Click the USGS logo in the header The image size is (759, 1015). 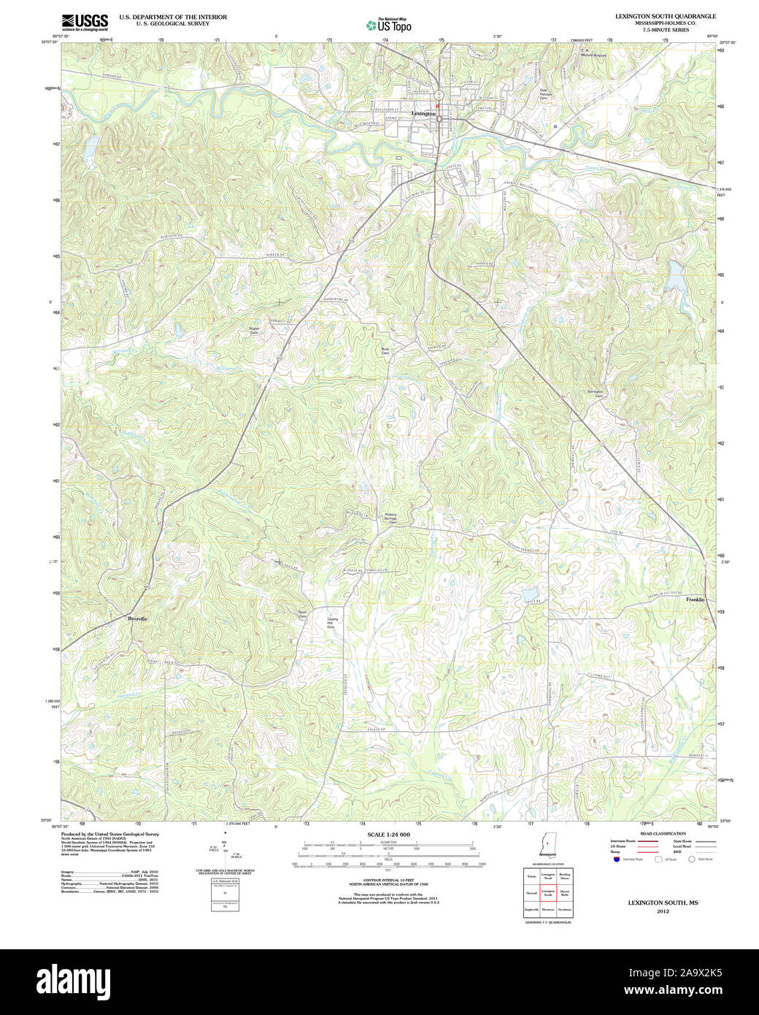[x=85, y=22]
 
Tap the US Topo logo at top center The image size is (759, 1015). [x=388, y=26]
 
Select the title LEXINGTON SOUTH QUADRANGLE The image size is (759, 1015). [x=665, y=16]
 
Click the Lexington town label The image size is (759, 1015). [x=423, y=114]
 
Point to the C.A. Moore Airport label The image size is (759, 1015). [x=593, y=53]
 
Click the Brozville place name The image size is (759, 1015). [x=137, y=618]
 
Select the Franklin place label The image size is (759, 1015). [x=695, y=600]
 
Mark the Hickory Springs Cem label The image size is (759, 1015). [x=391, y=518]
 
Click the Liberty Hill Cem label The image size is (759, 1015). [x=331, y=623]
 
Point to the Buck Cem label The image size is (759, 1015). [x=385, y=351]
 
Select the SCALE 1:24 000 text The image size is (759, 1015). [x=388, y=835]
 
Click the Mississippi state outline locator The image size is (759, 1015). [x=546, y=842]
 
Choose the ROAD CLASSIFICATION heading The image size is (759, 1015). [x=663, y=834]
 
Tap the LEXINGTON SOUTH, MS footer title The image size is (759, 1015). [x=663, y=903]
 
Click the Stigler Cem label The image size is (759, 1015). [x=254, y=330]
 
